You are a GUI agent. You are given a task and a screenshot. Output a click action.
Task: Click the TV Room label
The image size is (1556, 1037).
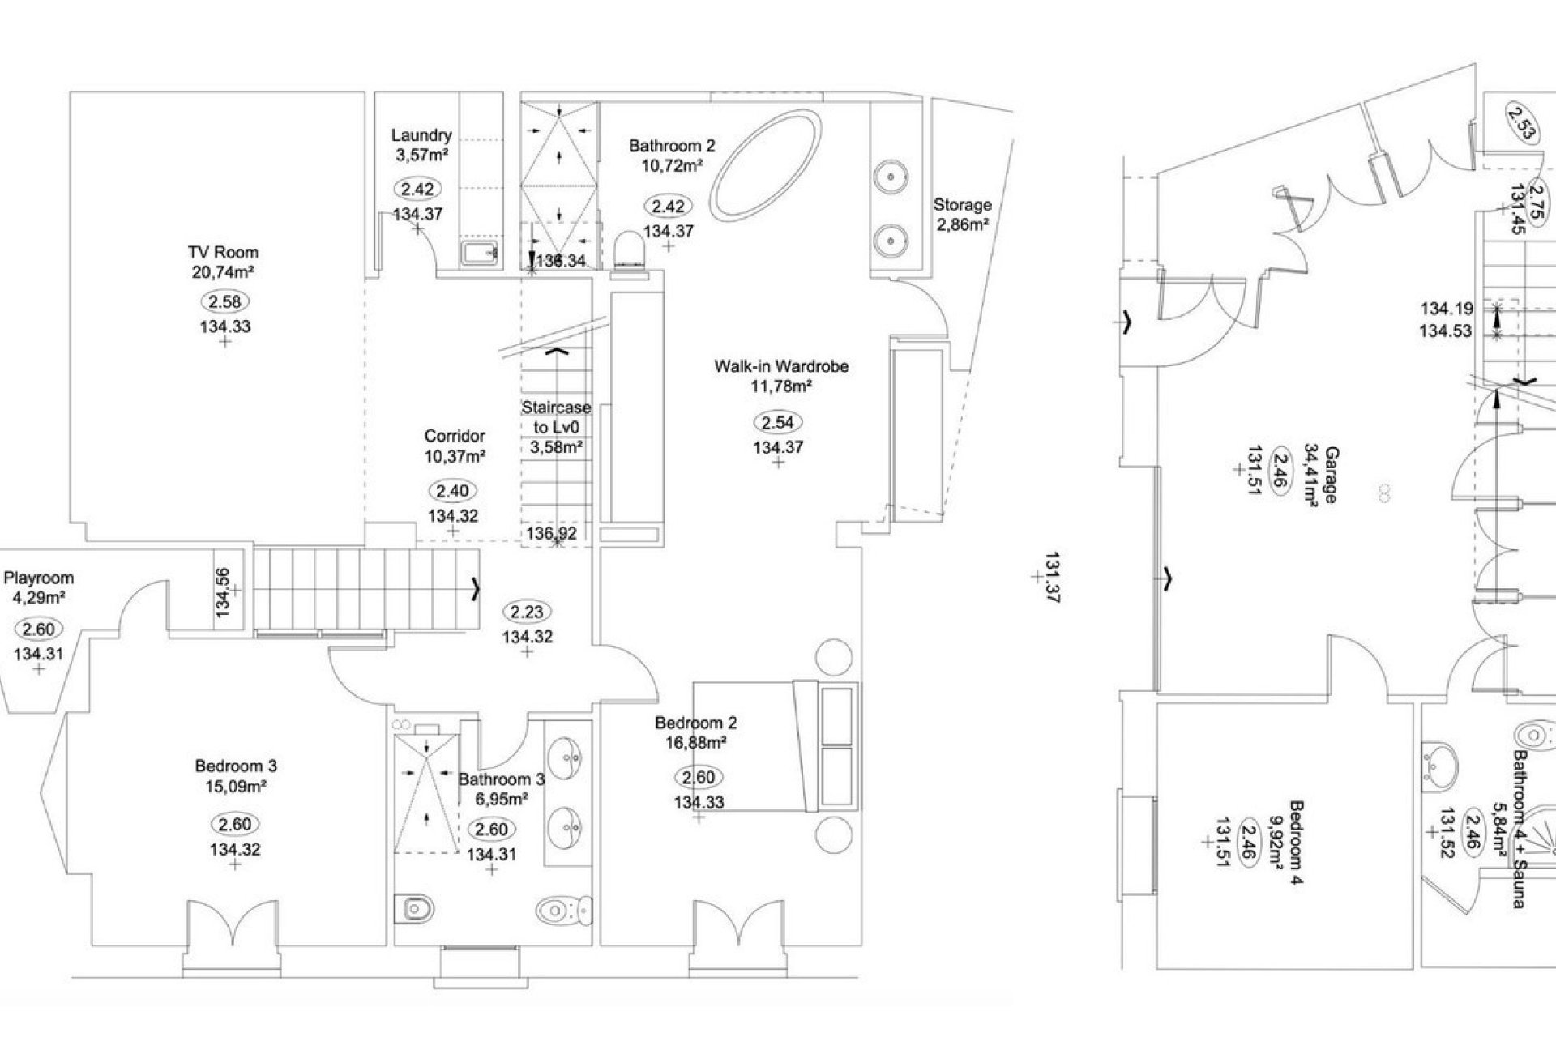(x=223, y=253)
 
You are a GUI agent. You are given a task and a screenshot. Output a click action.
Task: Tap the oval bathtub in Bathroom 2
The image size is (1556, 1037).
(x=766, y=164)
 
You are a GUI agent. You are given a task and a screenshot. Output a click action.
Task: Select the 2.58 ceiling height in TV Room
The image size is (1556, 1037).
(x=224, y=301)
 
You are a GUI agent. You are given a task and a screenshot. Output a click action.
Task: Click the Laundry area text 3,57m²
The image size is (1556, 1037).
(x=421, y=155)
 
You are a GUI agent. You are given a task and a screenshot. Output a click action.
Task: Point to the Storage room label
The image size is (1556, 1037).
(x=962, y=205)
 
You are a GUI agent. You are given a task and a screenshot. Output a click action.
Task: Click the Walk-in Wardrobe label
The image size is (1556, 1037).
(x=781, y=366)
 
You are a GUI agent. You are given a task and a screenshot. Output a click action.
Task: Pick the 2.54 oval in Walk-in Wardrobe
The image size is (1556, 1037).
(x=778, y=422)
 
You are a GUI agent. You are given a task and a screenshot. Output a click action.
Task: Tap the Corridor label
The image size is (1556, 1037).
(x=455, y=436)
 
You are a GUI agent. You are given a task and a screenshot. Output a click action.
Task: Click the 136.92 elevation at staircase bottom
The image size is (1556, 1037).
(x=551, y=533)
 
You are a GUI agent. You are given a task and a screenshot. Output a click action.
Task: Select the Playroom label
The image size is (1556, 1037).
(x=39, y=578)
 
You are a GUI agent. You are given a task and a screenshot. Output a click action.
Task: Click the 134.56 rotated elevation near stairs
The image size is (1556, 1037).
(x=224, y=592)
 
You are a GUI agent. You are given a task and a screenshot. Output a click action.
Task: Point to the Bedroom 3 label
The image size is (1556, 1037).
(x=236, y=766)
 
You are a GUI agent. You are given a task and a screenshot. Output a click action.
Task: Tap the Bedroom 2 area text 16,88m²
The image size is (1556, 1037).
(x=695, y=742)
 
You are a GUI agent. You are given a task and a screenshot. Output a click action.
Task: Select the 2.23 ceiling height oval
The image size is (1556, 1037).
(x=527, y=612)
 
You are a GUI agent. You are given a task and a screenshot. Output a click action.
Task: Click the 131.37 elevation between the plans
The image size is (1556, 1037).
(x=1053, y=577)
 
